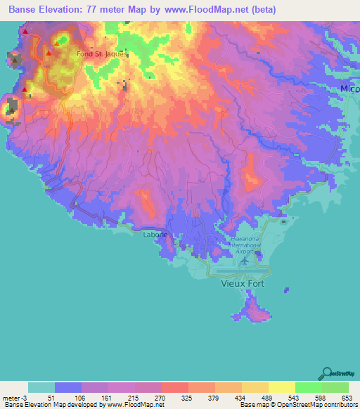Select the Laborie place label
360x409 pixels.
point(156,236)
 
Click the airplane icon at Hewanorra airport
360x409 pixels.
point(244,261)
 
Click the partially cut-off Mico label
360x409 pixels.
point(349,89)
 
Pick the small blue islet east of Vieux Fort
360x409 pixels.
point(286,289)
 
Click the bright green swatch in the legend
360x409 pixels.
point(309,387)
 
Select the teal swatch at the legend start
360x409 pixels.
point(41,387)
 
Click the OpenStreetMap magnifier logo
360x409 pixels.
point(326,372)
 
